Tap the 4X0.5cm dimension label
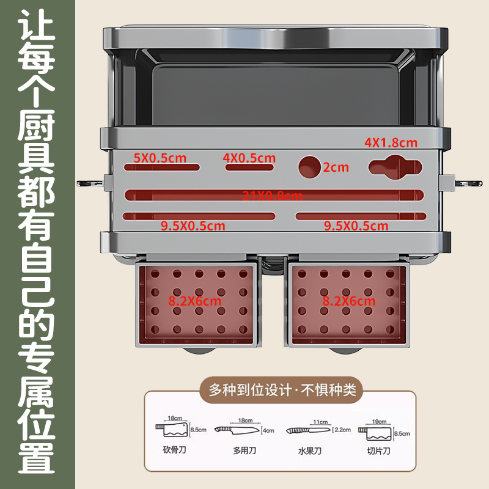249,158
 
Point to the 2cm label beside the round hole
336,167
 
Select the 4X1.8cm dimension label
391,143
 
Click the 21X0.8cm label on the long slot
273,196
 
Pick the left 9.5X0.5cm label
193,226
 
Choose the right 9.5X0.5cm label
356,226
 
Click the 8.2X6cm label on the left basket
195,301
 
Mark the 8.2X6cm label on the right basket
349,301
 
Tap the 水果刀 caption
310,452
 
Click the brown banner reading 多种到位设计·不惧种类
282,389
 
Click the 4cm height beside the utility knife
268,430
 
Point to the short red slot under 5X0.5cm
162,167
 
